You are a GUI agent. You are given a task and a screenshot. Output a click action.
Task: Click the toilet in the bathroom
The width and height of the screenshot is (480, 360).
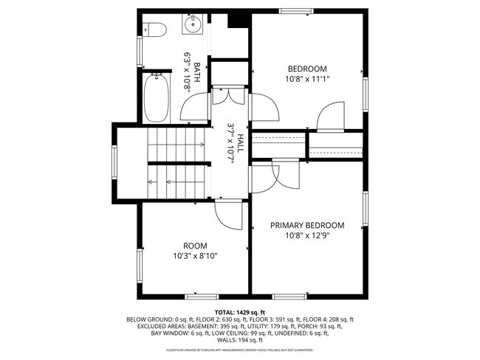[154, 29]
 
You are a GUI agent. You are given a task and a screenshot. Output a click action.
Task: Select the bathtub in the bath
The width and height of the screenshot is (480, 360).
[157, 98]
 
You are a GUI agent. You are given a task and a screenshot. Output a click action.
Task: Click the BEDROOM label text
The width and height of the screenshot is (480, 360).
[307, 69]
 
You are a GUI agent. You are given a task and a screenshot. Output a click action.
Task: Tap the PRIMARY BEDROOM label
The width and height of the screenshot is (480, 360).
[307, 226]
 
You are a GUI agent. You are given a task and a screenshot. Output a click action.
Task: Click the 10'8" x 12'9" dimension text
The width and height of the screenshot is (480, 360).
[307, 236]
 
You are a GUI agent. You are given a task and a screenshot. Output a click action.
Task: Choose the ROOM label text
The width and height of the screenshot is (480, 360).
[195, 246]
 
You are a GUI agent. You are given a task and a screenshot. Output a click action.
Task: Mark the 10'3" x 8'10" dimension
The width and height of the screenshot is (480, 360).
[195, 256]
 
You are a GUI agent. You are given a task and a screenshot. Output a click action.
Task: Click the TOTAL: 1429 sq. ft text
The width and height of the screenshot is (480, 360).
[240, 312]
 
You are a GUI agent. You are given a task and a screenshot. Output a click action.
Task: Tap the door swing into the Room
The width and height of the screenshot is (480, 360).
[227, 215]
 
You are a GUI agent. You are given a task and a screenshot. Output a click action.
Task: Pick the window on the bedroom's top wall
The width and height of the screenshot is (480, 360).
[295, 10]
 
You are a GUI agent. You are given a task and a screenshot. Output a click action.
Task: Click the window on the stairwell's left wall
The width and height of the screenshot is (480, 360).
[114, 162]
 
